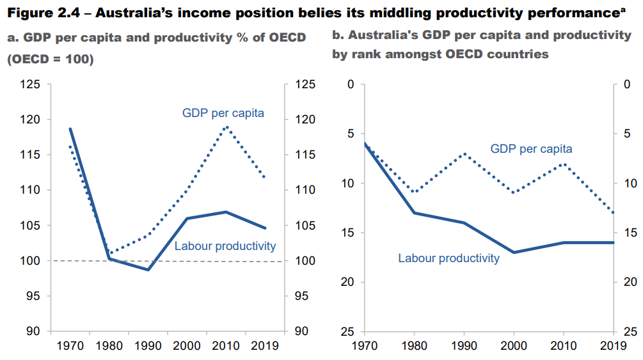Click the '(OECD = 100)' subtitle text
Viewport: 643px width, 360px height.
coord(50,59)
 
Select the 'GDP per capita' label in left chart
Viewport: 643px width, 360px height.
coord(223,113)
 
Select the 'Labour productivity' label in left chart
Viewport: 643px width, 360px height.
coord(225,246)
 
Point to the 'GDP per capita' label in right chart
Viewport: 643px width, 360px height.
coord(531,148)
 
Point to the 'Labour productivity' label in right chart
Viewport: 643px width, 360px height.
coord(449,258)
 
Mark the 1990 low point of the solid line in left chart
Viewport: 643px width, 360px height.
coord(148,270)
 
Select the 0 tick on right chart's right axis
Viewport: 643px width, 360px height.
coord(626,84)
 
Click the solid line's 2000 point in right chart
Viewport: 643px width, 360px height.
coord(514,253)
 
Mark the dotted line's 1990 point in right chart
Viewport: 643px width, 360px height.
coord(464,153)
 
